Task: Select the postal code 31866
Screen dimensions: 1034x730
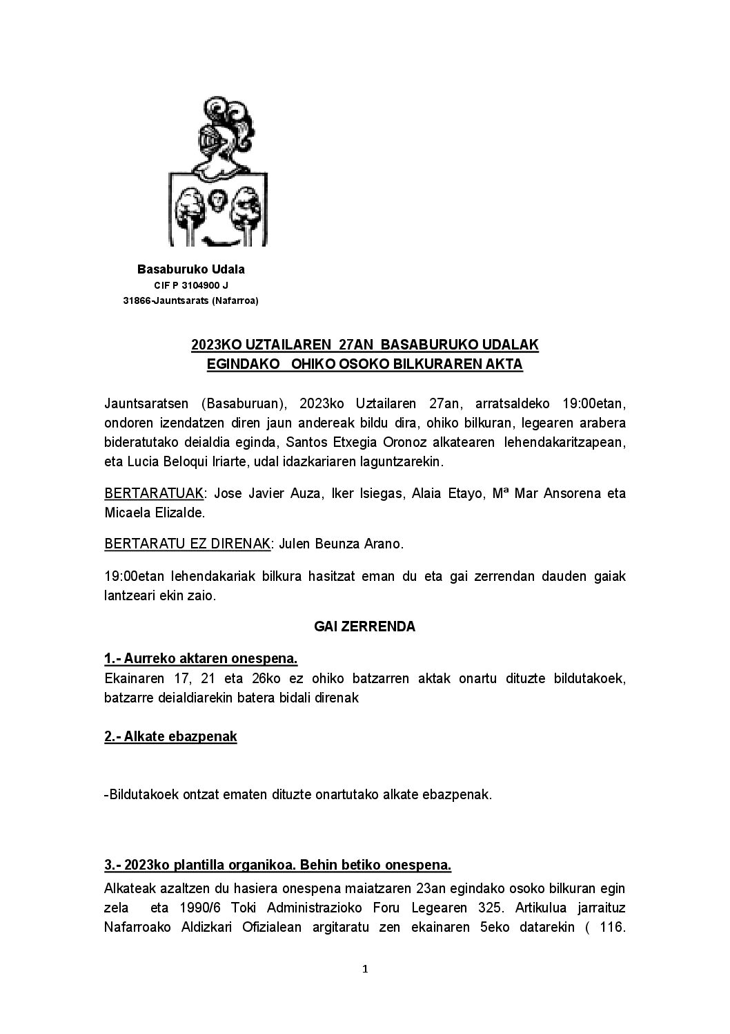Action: (x=136, y=300)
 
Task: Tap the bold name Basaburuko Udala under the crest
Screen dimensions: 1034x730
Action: (x=191, y=269)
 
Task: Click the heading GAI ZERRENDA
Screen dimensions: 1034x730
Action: (x=364, y=626)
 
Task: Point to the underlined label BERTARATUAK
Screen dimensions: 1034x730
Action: (x=155, y=493)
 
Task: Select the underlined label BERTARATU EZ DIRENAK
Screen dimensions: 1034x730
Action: (x=186, y=544)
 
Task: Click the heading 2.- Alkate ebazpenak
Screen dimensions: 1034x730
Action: (x=170, y=736)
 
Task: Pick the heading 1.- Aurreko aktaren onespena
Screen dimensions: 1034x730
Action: (x=201, y=658)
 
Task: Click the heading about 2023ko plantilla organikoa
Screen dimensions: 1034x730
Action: (x=277, y=865)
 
